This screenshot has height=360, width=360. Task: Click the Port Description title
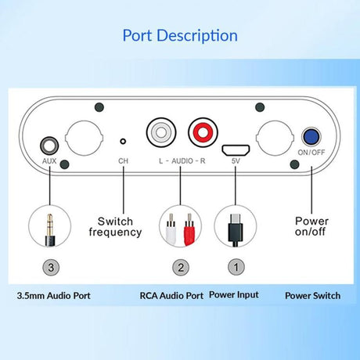(180, 36)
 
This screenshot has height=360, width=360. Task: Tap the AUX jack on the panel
(49, 146)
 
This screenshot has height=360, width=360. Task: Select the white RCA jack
(161, 132)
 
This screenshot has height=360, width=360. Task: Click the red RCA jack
(203, 132)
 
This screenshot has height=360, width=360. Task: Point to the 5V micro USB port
(236, 150)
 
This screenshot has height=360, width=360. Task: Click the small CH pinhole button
(123, 142)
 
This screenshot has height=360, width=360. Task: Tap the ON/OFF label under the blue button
(311, 153)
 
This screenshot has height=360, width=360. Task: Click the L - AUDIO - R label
(182, 161)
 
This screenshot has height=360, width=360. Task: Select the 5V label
(236, 161)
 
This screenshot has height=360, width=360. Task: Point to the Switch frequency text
(115, 227)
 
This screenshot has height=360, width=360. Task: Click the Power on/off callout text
(311, 226)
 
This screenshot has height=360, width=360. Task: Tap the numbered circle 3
(51, 267)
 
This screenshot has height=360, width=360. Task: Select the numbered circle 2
(181, 267)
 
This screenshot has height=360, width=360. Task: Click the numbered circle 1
(236, 267)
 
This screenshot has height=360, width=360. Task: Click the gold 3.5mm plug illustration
(50, 230)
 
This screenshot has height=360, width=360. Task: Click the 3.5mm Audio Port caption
(53, 296)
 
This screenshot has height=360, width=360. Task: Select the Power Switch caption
(312, 296)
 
